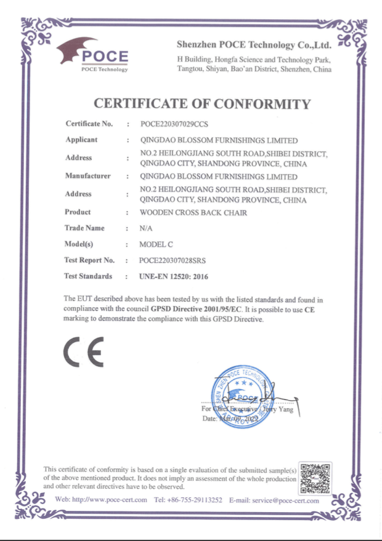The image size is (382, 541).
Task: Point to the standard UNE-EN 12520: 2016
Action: [174, 277]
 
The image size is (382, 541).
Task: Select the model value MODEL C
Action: [156, 244]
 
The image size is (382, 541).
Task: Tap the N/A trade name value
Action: [146, 228]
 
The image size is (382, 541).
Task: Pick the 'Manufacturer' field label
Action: [87, 176]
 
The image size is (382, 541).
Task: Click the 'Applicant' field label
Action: [81, 140]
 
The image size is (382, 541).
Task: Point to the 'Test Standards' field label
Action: [89, 276]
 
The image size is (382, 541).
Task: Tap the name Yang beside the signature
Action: [285, 410]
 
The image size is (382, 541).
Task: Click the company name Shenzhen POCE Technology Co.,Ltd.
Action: [254, 45]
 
